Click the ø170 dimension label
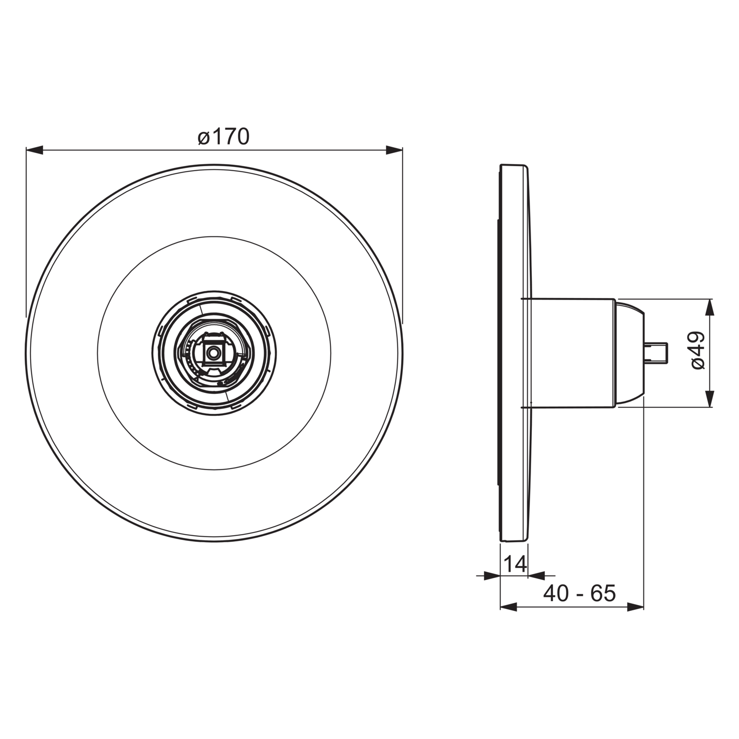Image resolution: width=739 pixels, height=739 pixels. tap(224, 137)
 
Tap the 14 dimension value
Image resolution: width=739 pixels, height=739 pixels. tap(515, 564)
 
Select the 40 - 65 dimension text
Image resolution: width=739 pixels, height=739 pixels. tap(580, 594)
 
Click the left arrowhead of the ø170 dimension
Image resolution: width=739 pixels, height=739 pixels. tap(35, 150)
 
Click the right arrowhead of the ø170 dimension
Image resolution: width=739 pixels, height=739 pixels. tap(394, 150)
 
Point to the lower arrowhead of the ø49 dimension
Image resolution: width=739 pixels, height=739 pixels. tap(710, 399)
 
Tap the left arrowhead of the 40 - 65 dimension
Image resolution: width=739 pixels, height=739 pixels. tap(508, 608)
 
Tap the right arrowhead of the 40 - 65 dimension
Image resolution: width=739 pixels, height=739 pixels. tap(635, 608)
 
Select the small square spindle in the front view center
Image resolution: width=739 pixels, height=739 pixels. tap(212, 352)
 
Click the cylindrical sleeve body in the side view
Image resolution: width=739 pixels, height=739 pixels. tap(573, 352)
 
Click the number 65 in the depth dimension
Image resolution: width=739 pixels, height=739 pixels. tap(604, 594)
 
